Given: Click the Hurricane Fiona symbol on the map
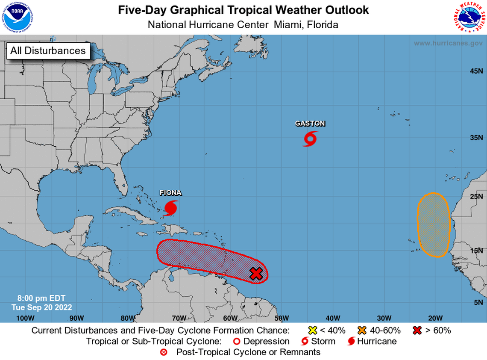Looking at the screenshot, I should pos(171,207).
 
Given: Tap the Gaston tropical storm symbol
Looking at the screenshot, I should pos(311,139).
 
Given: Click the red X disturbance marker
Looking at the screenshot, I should pos(256,274).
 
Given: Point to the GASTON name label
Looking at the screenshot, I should pos(310,124).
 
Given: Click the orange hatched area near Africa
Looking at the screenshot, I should pos(433,225).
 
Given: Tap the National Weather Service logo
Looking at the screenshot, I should pos(469,16).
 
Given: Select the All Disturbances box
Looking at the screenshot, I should pos(48,50).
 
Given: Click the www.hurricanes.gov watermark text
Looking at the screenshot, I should pos(448,43).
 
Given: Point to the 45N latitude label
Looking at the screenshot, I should pos(476,71).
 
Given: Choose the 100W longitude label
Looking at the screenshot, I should pos(25,318).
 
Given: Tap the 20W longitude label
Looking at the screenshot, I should pos(435,318).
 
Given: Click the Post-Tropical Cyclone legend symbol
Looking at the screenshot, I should pos(163,352).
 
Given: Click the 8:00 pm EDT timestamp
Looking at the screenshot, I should pos(41,298).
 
